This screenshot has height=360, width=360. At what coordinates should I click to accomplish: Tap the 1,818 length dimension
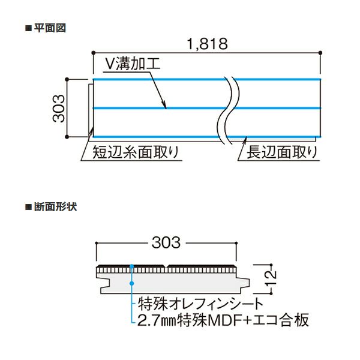[208, 44]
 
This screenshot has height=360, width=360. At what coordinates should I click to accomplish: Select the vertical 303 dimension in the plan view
[59, 108]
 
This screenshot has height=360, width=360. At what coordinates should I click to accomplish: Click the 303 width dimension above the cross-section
[166, 242]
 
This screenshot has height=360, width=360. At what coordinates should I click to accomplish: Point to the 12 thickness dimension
[271, 278]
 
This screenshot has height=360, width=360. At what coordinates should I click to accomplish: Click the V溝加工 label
[133, 64]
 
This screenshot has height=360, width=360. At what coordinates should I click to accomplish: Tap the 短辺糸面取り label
[136, 152]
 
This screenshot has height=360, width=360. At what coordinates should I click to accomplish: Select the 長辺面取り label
[282, 152]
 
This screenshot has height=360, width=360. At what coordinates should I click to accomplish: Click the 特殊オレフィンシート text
[200, 304]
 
